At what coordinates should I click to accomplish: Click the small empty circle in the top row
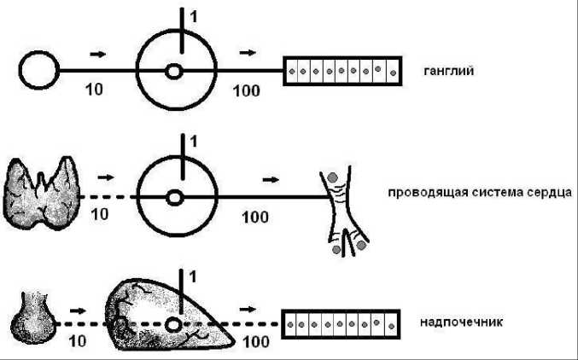38,70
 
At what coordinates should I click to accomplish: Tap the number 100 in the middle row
255,217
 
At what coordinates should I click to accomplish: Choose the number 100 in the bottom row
254,343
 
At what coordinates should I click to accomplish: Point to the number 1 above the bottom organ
192,276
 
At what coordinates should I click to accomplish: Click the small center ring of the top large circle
174,72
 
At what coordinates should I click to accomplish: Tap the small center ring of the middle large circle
174,197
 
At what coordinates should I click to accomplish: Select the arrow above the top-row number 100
248,53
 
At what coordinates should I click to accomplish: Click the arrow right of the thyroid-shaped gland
106,178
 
